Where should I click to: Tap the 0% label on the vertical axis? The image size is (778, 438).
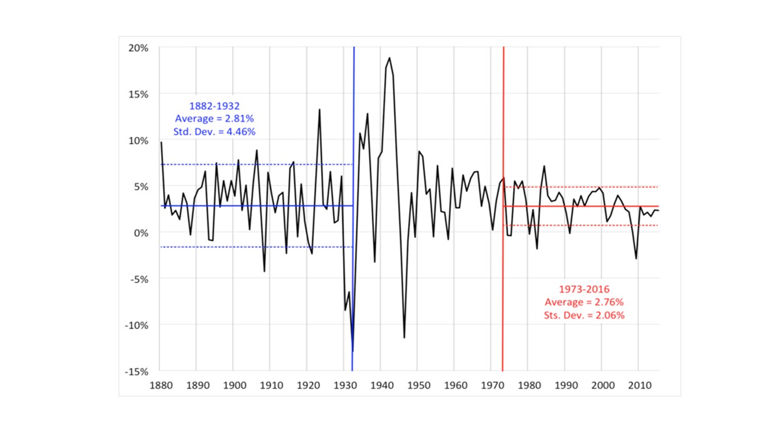tap(142, 232)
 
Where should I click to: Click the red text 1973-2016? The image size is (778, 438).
tap(584, 290)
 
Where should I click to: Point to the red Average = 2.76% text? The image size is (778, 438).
tap(584, 302)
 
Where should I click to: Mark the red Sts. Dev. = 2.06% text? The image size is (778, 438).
tap(584, 315)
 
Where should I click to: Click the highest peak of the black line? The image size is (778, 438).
tap(389, 58)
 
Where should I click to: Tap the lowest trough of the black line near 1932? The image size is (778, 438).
tap(353, 351)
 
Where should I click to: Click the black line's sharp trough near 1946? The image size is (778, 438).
tap(404, 337)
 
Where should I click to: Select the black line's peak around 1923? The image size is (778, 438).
tap(320, 110)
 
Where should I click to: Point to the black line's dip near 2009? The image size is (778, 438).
tap(636, 259)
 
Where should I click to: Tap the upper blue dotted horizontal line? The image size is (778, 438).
tap(255, 164)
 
